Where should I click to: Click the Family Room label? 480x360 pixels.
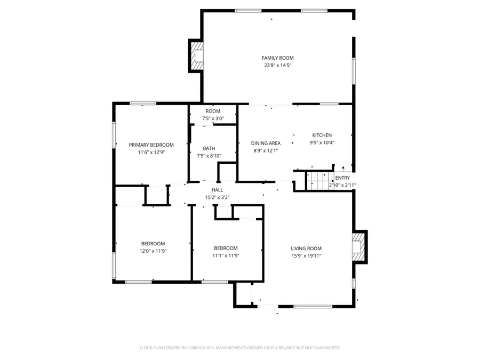pos(277,58)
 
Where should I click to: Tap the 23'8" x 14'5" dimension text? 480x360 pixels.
pos(277,66)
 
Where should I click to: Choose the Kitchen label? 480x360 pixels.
pos(322,135)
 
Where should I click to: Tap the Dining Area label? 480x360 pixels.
pos(266,143)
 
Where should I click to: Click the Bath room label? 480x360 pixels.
pos(209,149)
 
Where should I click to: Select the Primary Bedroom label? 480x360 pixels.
pos(151,145)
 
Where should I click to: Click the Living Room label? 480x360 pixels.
pos(306,249)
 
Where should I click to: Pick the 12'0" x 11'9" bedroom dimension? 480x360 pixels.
pos(153,251)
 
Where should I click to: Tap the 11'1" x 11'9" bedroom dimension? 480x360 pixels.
pos(226,255)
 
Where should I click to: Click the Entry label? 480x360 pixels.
pos(342,178)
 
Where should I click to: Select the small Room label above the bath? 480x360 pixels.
pos(213,111)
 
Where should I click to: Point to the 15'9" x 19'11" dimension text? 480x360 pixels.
pos(306,256)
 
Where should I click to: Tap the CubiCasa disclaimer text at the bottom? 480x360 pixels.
pos(239,348)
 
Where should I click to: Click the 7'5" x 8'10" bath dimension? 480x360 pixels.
pos(209,156)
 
